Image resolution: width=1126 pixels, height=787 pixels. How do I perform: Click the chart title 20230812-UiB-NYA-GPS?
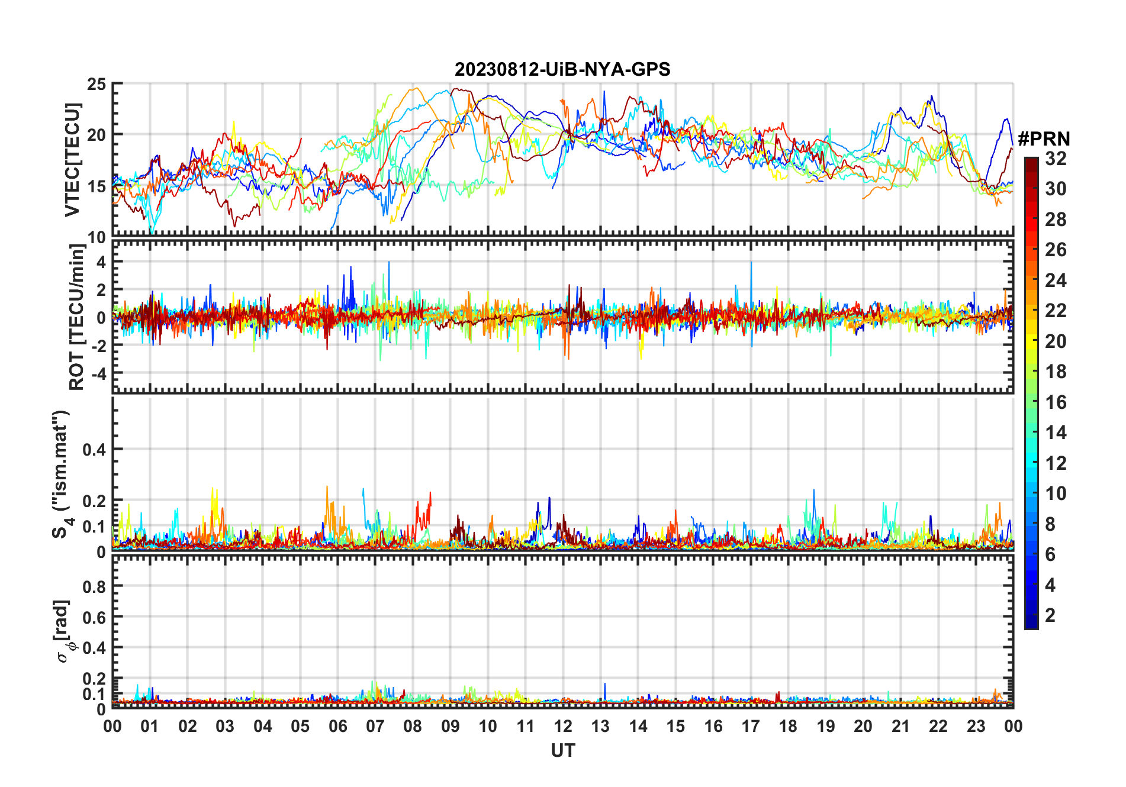click(x=562, y=70)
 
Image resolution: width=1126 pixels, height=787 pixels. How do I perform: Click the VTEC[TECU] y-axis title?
click(x=72, y=160)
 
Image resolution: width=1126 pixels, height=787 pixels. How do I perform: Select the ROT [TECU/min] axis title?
click(x=77, y=317)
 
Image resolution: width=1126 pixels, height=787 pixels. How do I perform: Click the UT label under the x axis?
click(x=562, y=751)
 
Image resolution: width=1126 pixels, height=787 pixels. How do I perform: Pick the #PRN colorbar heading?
click(x=1044, y=139)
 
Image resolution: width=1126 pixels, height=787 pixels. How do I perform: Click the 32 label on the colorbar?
click(x=1056, y=159)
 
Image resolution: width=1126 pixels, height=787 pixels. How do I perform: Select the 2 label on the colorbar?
click(x=1050, y=615)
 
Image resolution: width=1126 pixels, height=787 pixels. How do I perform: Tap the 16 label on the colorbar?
click(x=1056, y=402)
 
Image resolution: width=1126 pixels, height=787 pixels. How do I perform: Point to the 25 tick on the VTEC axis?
click(x=96, y=85)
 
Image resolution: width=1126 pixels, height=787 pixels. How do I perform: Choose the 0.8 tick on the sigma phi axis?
click(x=94, y=586)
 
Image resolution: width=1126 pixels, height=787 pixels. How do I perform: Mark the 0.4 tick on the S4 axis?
click(x=94, y=450)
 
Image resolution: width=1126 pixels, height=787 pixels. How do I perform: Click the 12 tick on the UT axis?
click(x=563, y=727)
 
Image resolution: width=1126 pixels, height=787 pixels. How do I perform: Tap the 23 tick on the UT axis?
click(x=976, y=727)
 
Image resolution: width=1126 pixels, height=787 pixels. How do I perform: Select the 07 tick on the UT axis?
click(x=375, y=727)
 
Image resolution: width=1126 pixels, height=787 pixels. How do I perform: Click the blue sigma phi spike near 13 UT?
click(x=605, y=685)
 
